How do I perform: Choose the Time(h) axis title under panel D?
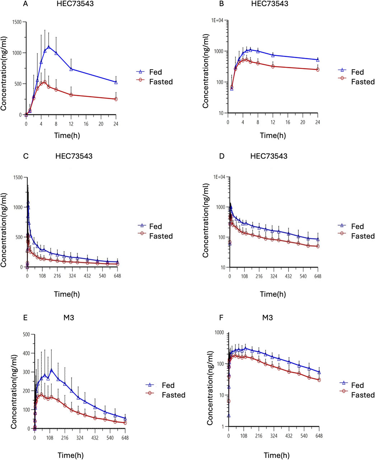273,294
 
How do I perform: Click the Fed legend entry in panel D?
357,226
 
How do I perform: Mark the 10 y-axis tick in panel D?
222,267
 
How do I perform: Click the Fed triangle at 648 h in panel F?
319,372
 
